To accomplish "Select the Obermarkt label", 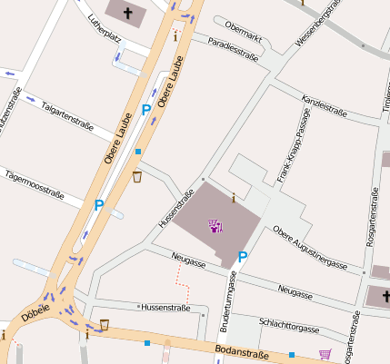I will (x=243, y=26).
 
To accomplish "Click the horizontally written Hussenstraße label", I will (x=163, y=308).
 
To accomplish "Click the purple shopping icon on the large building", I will (x=215, y=225).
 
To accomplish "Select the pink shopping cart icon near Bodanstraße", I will (x=325, y=354).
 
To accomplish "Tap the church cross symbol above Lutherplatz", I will (x=129, y=12).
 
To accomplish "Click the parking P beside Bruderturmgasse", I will (x=242, y=258).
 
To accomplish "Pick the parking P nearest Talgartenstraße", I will (x=146, y=110).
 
